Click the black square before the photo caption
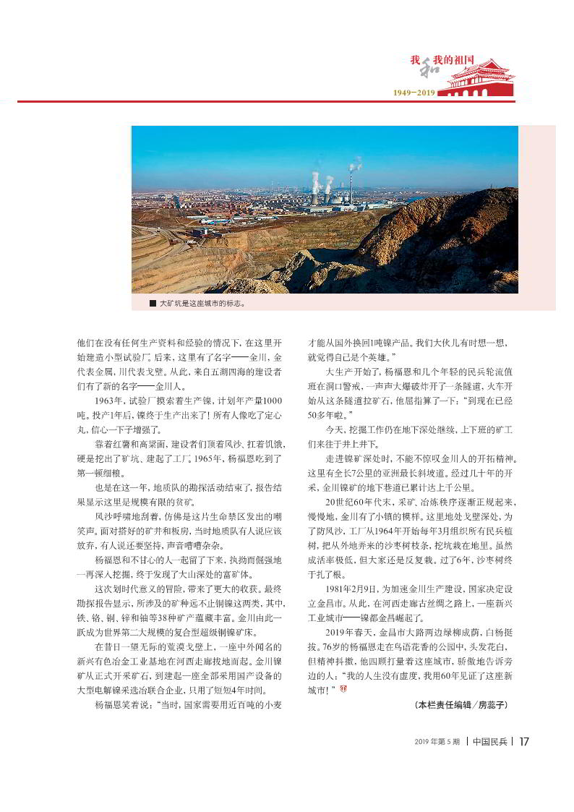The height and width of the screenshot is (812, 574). click(x=153, y=304)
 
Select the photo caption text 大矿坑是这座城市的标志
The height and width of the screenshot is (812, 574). click(x=202, y=304)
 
